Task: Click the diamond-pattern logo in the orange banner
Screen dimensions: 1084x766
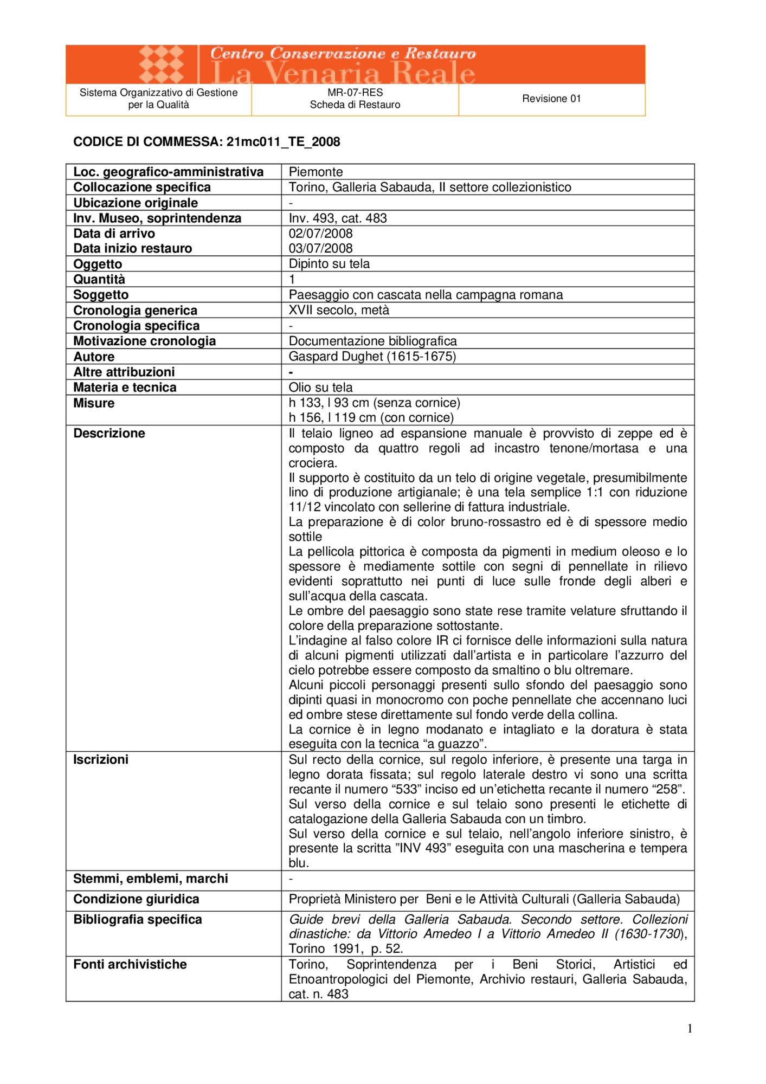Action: click(x=161, y=64)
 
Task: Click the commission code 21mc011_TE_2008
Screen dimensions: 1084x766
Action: click(x=283, y=142)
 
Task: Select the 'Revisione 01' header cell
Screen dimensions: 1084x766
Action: click(x=551, y=99)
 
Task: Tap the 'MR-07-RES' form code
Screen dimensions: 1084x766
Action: click(x=355, y=93)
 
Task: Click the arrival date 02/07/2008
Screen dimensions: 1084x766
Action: click(x=320, y=234)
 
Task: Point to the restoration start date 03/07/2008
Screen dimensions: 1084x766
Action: click(x=320, y=248)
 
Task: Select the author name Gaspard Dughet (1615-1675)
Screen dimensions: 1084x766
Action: click(x=372, y=357)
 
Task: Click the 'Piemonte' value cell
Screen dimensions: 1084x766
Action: click(x=316, y=172)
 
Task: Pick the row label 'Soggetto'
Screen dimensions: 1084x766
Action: click(x=101, y=295)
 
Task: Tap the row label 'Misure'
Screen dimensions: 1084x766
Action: click(x=94, y=403)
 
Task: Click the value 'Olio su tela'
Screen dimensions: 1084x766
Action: click(x=320, y=388)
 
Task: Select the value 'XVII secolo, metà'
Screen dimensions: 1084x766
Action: click(x=339, y=310)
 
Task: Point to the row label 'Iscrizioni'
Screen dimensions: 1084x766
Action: click(x=101, y=759)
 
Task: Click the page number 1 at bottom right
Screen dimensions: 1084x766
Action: click(x=690, y=1029)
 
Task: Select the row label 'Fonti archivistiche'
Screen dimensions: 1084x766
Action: click(x=130, y=964)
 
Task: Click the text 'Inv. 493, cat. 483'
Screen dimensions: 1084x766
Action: click(x=338, y=218)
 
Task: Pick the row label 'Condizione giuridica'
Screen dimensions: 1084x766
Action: click(x=136, y=899)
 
